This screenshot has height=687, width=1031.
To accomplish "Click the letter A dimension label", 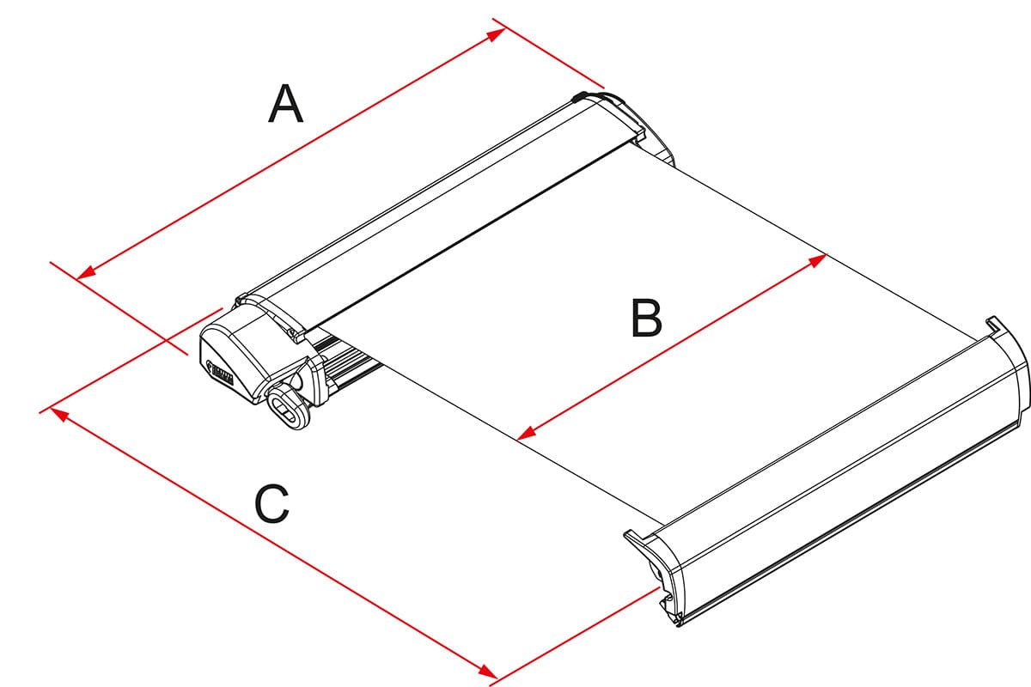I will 286,105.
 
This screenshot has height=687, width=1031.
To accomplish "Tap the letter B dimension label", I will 645,318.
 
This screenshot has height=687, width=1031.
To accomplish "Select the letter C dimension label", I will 272,505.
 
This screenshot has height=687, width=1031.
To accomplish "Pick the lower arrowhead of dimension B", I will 527,434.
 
